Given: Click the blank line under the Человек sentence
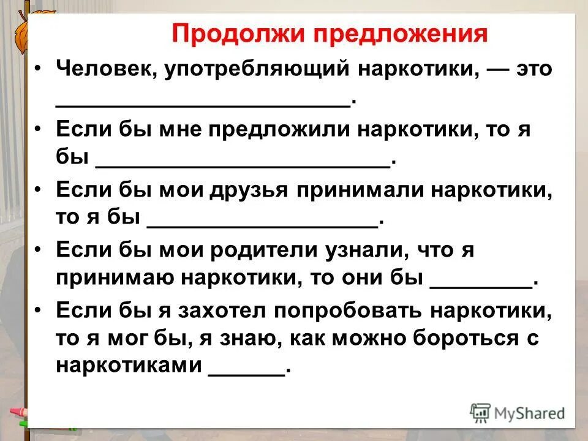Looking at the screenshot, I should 203,104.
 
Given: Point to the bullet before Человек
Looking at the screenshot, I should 39,69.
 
